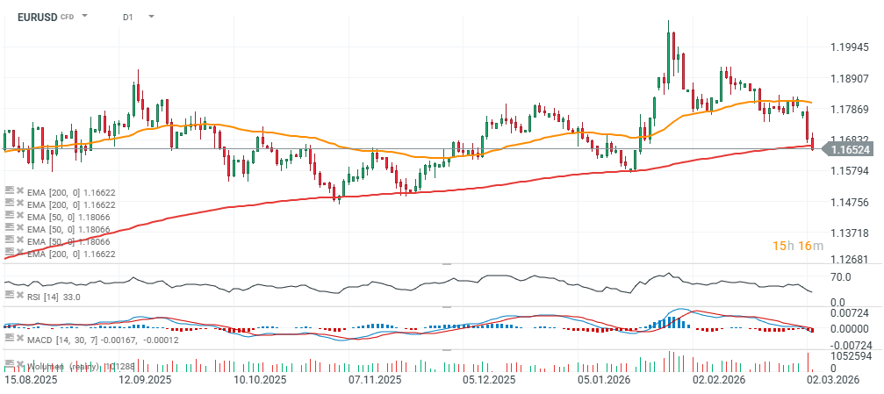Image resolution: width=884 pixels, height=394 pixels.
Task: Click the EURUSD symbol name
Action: pos(36,17)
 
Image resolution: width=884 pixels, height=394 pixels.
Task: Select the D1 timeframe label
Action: pos(128,17)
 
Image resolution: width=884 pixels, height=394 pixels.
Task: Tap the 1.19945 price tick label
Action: pos(849,47)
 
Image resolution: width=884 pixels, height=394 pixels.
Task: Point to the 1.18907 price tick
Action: pos(849,78)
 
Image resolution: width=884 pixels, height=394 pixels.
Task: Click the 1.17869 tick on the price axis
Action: pos(849,110)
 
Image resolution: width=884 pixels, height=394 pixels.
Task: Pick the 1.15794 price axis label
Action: pos(849,170)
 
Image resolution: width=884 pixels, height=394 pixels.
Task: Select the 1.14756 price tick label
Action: pos(849,202)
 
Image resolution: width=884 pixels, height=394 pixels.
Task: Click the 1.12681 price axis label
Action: pos(849,260)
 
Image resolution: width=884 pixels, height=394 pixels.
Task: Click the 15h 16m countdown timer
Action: pos(797,246)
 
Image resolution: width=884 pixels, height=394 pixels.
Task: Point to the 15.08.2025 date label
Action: pos(32,381)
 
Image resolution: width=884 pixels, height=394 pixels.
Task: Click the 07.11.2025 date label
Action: pos(376,381)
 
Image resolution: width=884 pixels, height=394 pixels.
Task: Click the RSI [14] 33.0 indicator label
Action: pos(54,297)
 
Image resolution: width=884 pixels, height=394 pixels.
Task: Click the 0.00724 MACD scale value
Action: pos(847,313)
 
